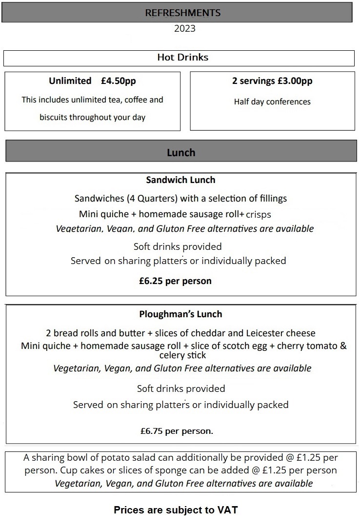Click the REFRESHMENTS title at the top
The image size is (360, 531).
[x=183, y=13]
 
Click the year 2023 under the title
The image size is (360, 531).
[x=184, y=28]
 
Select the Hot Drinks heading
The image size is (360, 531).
[x=182, y=58]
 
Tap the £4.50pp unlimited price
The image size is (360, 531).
[x=119, y=81]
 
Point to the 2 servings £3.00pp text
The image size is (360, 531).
[x=272, y=81]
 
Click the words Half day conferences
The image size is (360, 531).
[x=272, y=102]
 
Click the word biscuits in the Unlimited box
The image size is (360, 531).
[x=53, y=118]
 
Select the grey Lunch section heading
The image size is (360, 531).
[x=181, y=153]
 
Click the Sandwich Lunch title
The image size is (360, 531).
[x=180, y=180]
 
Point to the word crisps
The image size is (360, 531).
[x=259, y=215]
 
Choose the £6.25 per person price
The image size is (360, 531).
[x=175, y=281]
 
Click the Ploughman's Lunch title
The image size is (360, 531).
[x=180, y=314]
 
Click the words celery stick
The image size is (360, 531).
[x=182, y=355]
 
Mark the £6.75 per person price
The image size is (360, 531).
[x=177, y=431]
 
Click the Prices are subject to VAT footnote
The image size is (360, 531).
[x=176, y=511]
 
